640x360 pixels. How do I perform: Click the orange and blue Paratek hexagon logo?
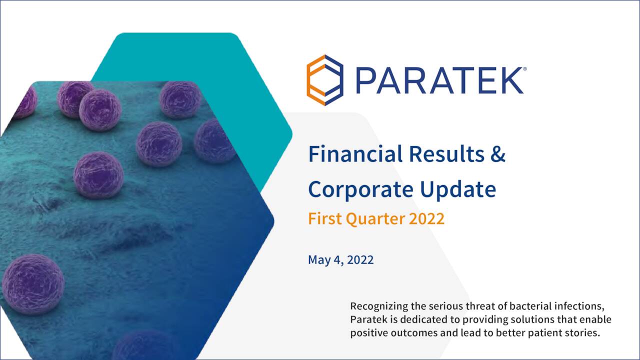325,80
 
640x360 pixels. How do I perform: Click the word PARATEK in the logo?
438,81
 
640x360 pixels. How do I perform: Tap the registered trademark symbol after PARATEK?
523,69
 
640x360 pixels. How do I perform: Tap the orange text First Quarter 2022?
376,219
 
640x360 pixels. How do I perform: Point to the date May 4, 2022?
340,260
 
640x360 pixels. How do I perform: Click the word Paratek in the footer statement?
367,319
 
